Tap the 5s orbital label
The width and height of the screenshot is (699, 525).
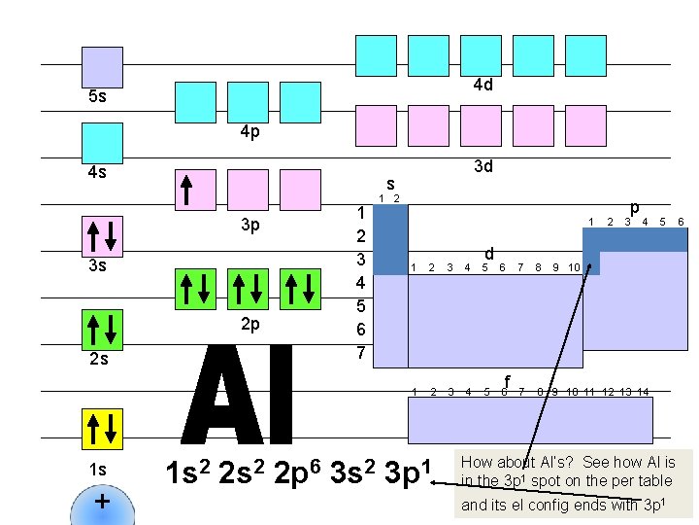[x=97, y=97]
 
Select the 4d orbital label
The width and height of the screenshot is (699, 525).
[x=483, y=85]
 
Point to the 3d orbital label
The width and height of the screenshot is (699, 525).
[x=483, y=166]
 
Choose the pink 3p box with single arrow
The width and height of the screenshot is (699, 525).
[x=195, y=190]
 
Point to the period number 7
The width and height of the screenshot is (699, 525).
[x=360, y=352]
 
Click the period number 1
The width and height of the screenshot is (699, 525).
[x=360, y=213]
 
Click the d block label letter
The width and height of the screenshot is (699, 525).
[x=490, y=254]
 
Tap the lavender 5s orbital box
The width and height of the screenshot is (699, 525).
[x=102, y=67]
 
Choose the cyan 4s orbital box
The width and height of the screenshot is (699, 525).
[x=102, y=142]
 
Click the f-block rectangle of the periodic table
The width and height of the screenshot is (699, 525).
[x=530, y=420]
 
